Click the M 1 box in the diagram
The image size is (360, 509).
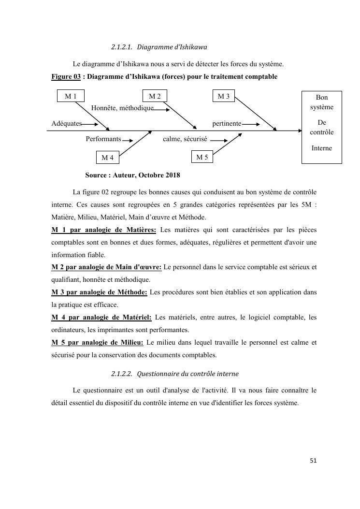pos(71,96)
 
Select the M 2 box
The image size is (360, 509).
pos(155,96)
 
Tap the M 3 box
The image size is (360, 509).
pos(224,96)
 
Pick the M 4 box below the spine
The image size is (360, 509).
pos(107,158)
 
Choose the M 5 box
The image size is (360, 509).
pos(202,157)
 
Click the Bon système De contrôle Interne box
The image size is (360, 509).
pos(321,127)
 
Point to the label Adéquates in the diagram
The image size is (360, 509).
pos(67,124)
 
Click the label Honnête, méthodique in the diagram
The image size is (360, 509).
pos(122,108)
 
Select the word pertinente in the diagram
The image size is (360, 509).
pos(227,124)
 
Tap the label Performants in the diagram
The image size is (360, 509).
pos(103,139)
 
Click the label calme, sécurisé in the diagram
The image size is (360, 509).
pos(185,139)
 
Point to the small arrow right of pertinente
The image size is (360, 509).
pos(251,124)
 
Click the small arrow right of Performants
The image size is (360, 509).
pos(128,141)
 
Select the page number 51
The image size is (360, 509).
pos(313,461)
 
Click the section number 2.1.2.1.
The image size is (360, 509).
pos(122,47)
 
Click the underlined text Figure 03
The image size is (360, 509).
pos(66,77)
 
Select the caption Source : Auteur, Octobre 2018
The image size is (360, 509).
pos(132,175)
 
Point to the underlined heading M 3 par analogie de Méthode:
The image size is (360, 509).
pos(99,292)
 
